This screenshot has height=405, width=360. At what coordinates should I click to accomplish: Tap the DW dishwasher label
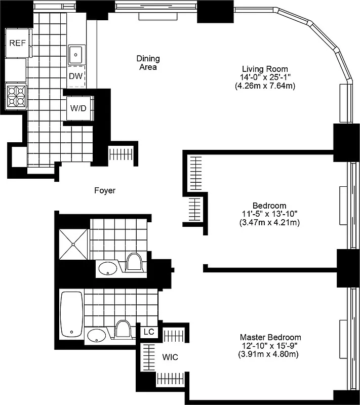click(x=76, y=76)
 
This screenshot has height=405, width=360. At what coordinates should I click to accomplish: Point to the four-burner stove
click(x=15, y=96)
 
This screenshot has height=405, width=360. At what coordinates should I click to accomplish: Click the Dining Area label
click(x=148, y=62)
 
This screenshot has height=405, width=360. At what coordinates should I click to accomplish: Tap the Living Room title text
click(x=264, y=69)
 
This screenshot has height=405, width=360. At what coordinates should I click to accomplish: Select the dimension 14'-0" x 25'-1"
click(x=264, y=77)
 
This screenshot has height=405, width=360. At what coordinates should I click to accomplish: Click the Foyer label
click(x=105, y=191)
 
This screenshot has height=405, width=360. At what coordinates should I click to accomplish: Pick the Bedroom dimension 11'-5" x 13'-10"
click(x=269, y=214)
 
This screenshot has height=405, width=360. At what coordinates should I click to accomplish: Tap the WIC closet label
click(x=170, y=357)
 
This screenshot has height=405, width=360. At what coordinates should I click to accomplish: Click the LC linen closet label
click(x=148, y=332)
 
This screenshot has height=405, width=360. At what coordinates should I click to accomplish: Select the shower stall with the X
click(x=74, y=244)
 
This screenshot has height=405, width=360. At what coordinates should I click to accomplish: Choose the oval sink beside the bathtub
click(x=97, y=335)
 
